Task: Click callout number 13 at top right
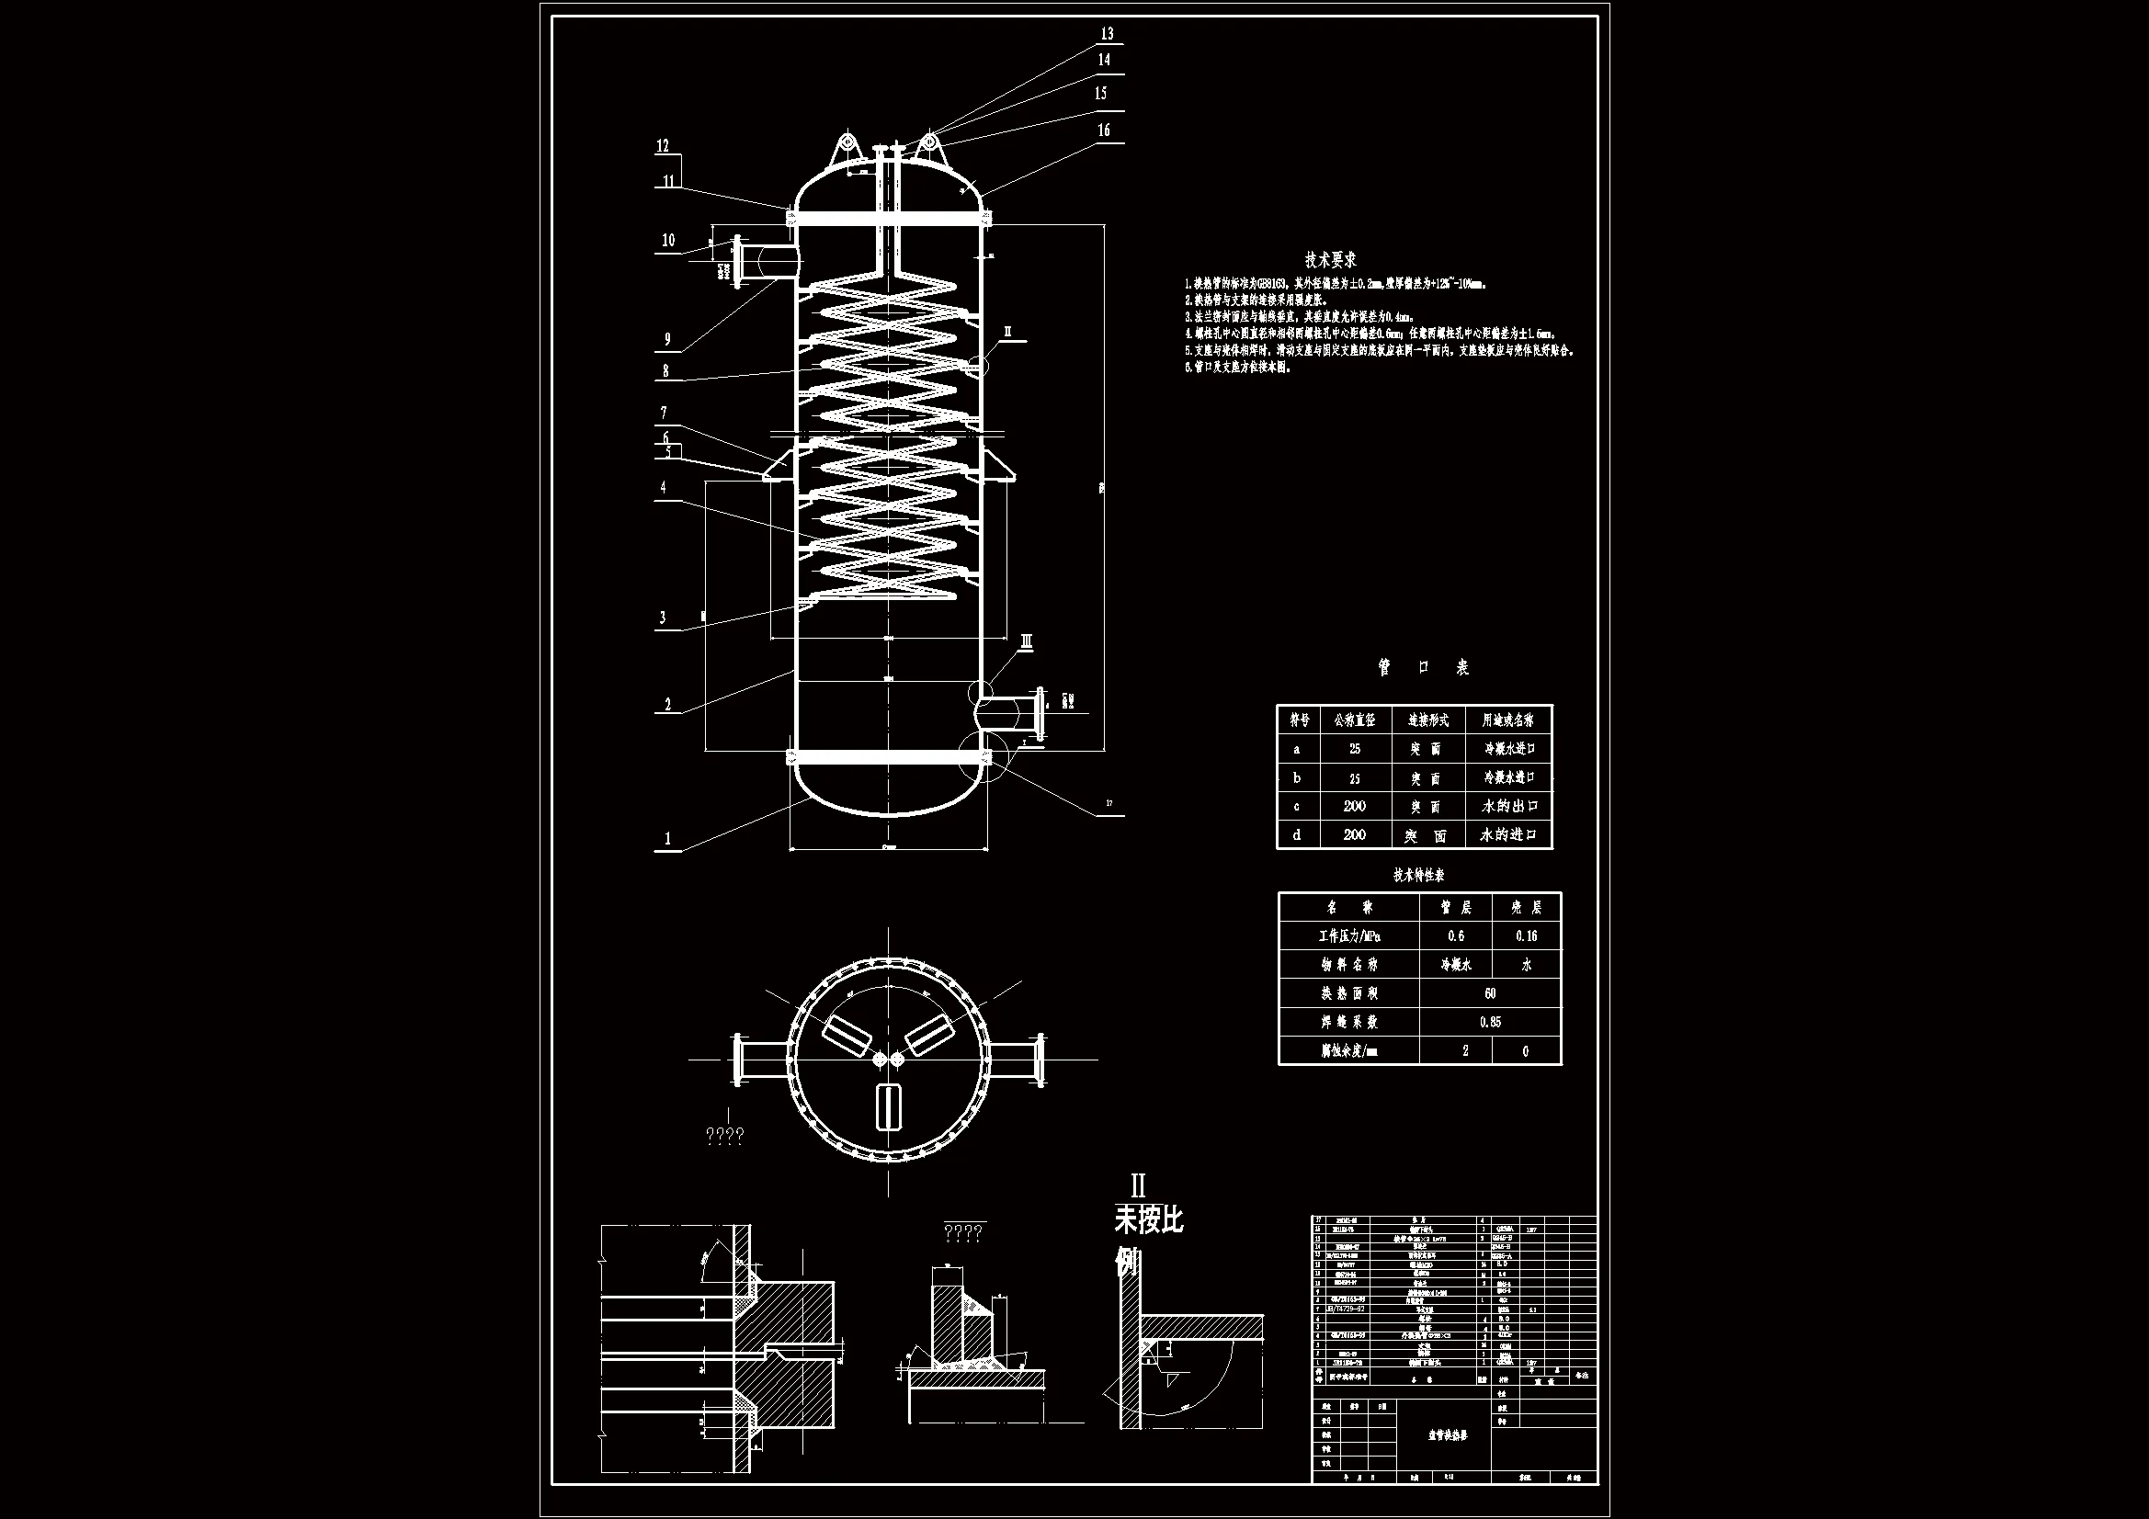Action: tap(1107, 34)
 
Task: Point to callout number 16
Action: tap(1104, 130)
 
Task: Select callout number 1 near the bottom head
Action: tap(667, 839)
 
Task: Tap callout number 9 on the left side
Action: tap(667, 340)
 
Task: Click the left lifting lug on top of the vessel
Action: tap(847, 147)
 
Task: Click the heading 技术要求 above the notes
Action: tap(1331, 259)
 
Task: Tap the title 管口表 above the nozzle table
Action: tap(1423, 667)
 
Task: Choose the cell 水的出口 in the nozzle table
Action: tap(1507, 806)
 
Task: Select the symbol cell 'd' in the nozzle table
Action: tap(1296, 834)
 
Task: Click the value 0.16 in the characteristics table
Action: tap(1526, 935)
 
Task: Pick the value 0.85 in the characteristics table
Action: tap(1490, 1022)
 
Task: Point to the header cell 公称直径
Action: tap(1354, 720)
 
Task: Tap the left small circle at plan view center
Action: tap(880, 1060)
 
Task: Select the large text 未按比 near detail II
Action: tap(1148, 1219)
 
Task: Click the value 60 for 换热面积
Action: tap(1490, 993)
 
